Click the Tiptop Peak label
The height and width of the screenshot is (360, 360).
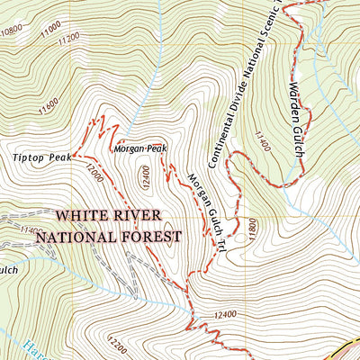pos(41,157)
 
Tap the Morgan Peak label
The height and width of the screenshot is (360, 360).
pos(140,148)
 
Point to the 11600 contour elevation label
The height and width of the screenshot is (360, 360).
pos(48,107)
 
